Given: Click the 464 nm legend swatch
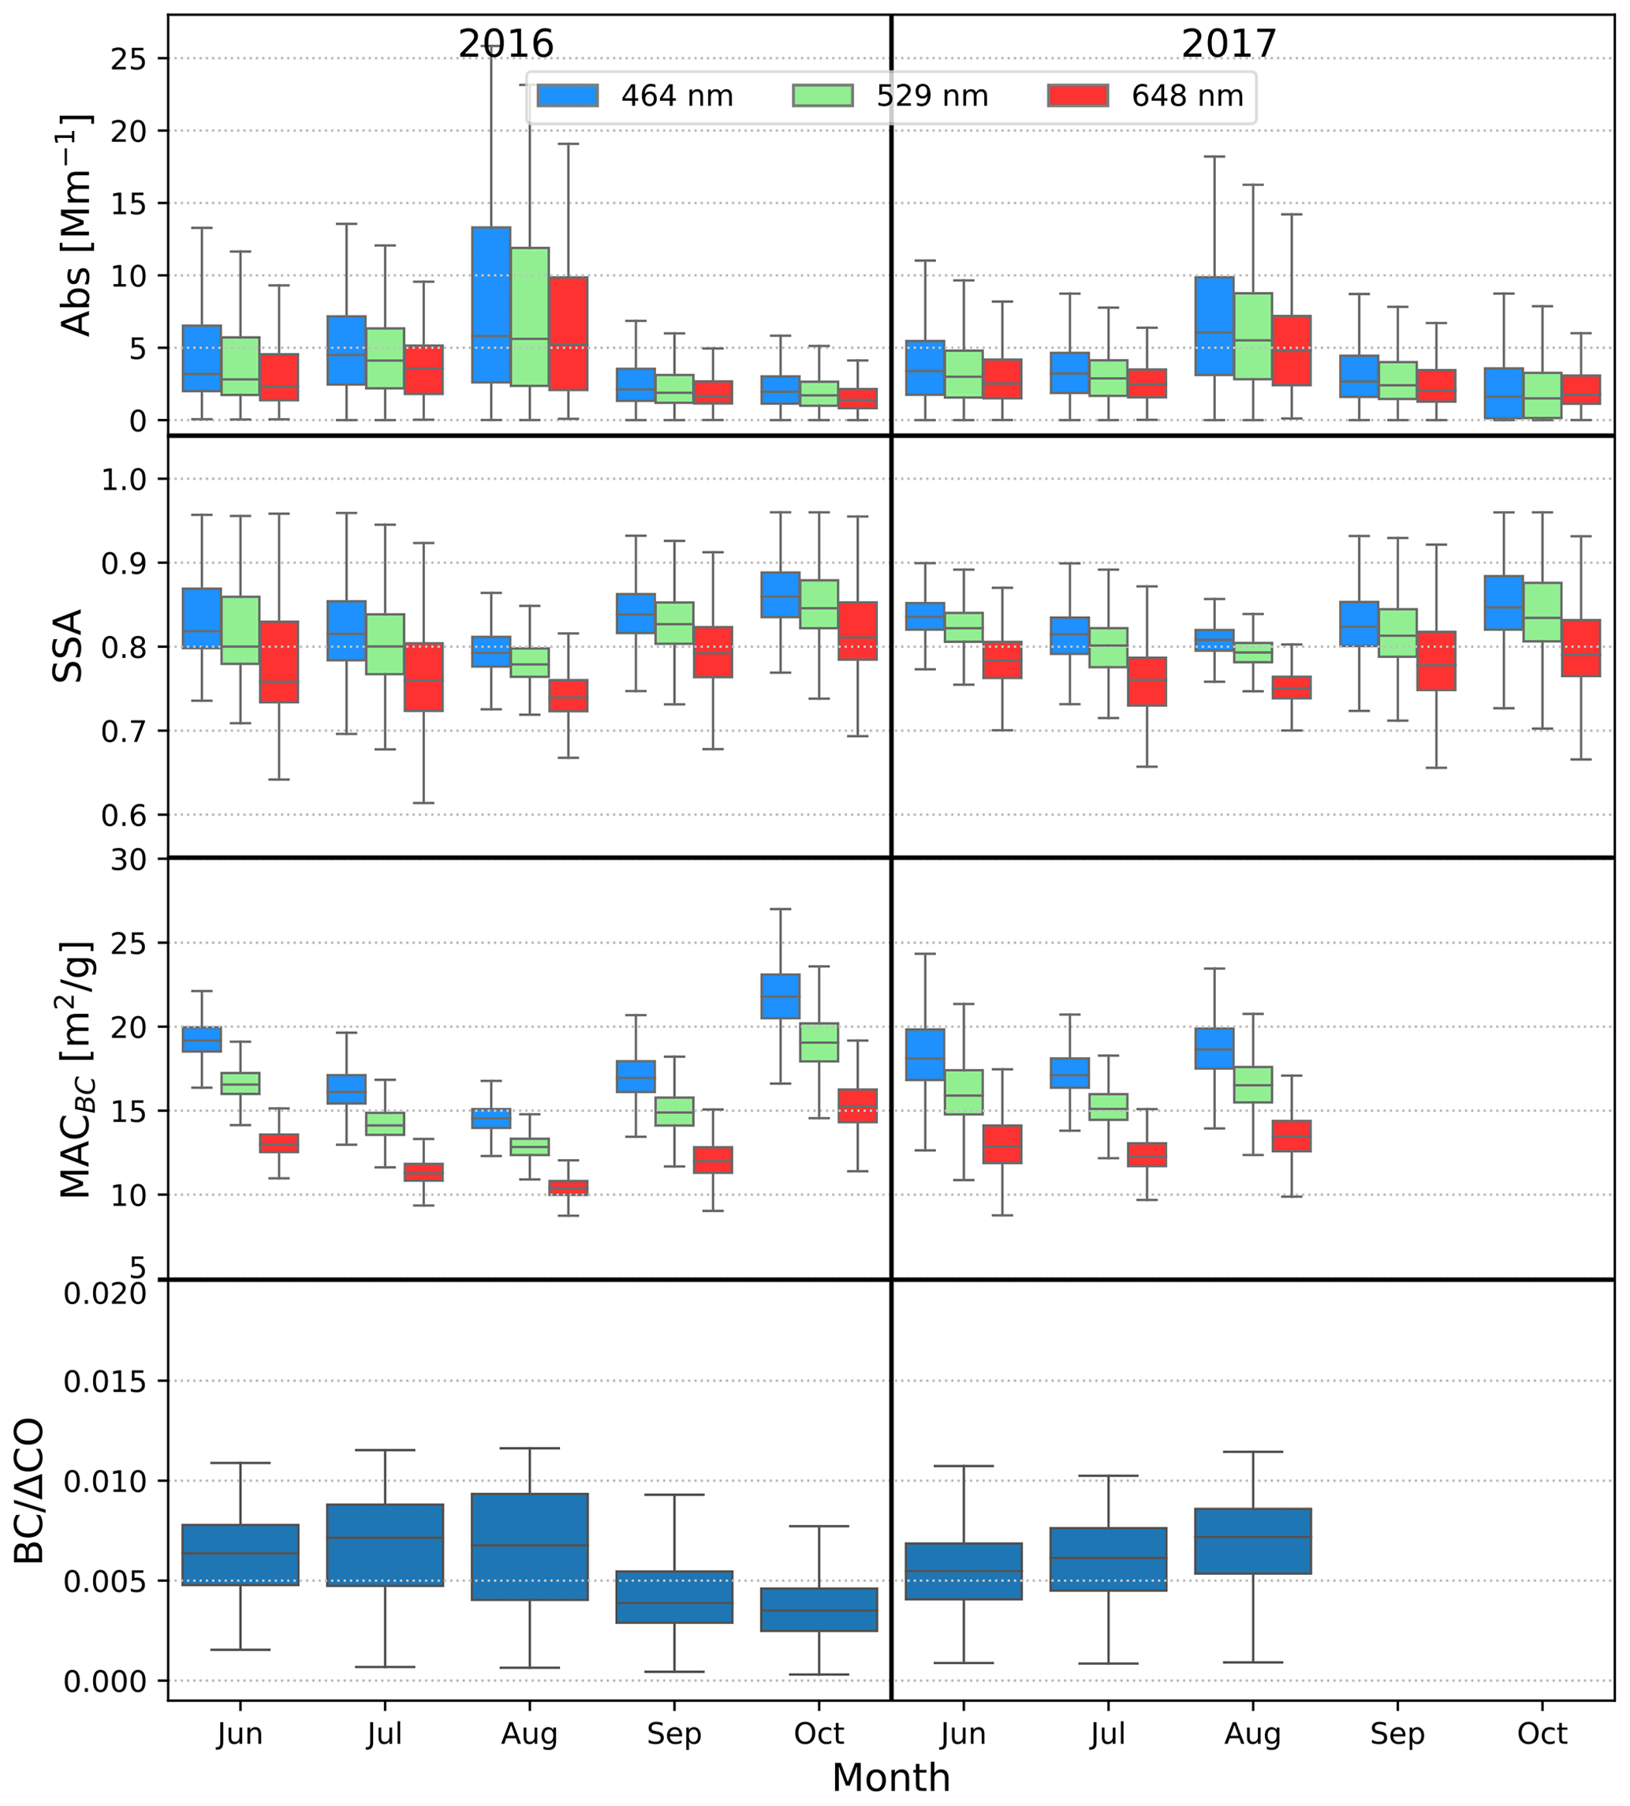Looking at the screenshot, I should (x=567, y=95).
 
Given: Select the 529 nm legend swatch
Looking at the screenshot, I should (x=822, y=95).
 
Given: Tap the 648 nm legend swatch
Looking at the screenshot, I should (x=1077, y=95).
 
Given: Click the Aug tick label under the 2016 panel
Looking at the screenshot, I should (x=529, y=1733).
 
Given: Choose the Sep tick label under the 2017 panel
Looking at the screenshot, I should (x=1397, y=1733).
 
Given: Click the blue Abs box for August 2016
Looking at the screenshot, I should (x=490, y=305).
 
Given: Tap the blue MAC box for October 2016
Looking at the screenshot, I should (x=780, y=996).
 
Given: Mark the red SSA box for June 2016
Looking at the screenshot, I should (x=278, y=661).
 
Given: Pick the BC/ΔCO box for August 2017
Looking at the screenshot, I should (x=1252, y=1541).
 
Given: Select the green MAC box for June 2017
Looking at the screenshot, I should (x=964, y=1092).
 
